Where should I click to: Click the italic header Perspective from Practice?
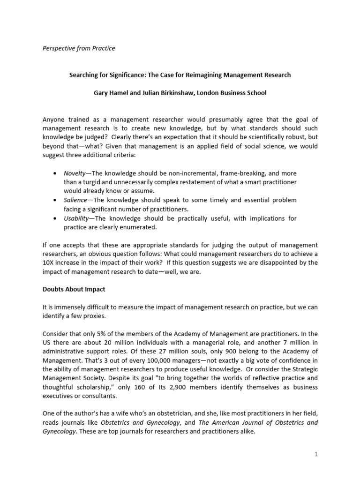click(79, 48)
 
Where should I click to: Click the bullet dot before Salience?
click(56, 200)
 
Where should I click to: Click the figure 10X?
click(49, 263)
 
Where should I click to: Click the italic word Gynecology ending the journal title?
click(59, 432)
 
